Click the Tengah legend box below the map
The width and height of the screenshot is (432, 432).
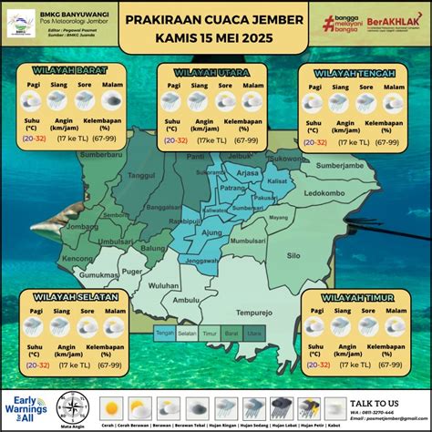165,334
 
